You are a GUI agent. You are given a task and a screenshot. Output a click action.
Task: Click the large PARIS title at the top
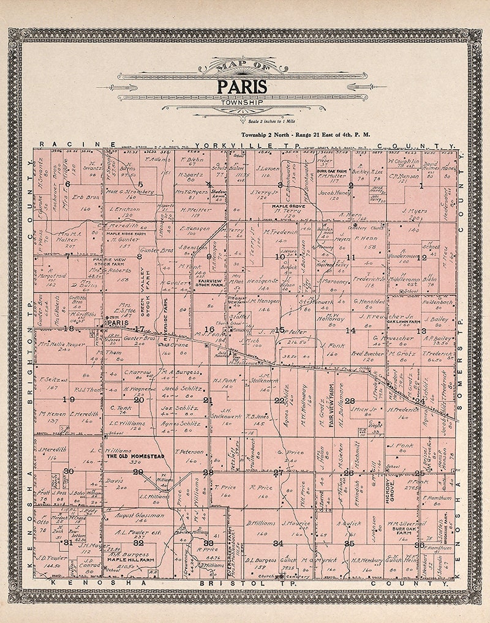(242, 86)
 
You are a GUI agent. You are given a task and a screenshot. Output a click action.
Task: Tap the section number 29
(138, 472)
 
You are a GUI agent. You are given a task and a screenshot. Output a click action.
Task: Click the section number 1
(421, 185)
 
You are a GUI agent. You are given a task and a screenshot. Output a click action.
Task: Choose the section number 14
(350, 330)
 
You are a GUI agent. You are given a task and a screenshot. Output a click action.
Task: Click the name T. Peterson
(188, 452)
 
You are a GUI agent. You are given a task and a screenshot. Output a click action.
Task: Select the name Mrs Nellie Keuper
(61, 344)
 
